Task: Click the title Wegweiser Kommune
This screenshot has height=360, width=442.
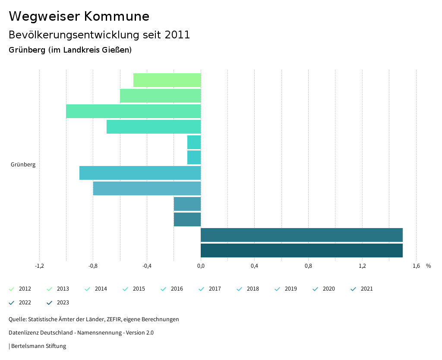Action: (79, 16)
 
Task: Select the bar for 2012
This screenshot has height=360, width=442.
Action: (167, 80)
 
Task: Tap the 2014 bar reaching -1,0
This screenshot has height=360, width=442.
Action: (133, 111)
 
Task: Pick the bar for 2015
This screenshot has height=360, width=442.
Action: (154, 127)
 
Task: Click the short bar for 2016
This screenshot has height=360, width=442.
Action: (194, 142)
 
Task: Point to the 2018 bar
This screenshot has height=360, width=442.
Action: (140, 173)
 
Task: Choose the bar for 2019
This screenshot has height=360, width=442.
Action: (147, 188)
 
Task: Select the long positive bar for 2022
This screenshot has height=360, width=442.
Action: (301, 235)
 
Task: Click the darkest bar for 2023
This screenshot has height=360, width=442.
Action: (301, 250)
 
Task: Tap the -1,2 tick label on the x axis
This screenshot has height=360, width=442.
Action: (39, 266)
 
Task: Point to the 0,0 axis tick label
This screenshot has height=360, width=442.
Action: (201, 266)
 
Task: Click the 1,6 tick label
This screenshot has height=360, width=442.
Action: (416, 266)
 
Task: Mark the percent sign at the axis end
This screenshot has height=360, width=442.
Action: (428, 266)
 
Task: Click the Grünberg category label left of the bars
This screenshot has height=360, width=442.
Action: (23, 165)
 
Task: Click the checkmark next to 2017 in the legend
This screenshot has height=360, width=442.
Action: (201, 289)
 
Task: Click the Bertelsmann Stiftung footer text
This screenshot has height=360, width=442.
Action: (38, 346)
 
